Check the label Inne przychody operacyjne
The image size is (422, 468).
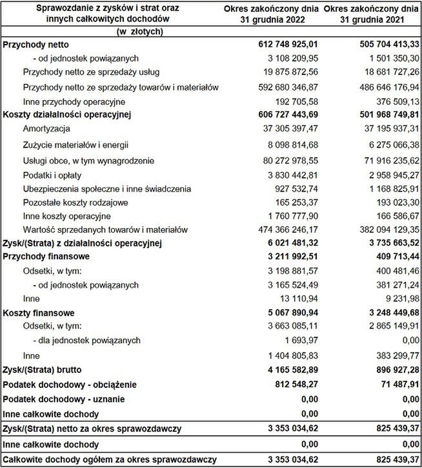74,101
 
